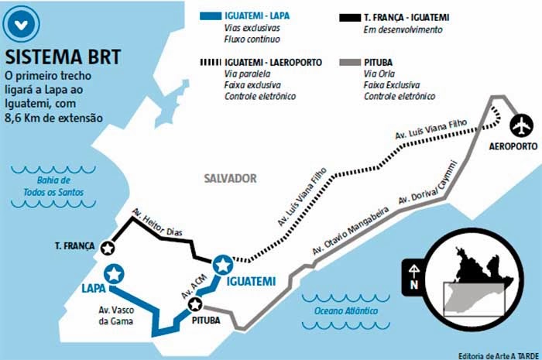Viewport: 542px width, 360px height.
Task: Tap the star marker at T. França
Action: coord(109,247)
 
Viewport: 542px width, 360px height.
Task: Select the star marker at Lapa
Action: coord(115,273)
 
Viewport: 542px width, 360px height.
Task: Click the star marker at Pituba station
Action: coord(195,303)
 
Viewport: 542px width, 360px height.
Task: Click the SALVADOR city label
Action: coord(230,178)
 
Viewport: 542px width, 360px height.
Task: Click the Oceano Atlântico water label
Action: coord(347,310)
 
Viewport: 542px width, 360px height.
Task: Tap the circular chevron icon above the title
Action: coord(22,24)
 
